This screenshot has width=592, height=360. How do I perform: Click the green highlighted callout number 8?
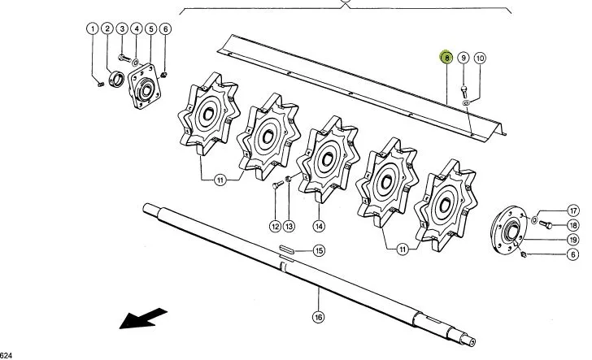(446, 58)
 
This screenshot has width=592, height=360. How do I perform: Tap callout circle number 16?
(318, 317)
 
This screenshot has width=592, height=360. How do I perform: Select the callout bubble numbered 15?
(319, 250)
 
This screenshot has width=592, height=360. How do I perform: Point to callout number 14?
(319, 226)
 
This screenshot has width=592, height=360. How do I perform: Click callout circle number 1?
(93, 28)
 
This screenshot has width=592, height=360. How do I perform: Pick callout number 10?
(480, 59)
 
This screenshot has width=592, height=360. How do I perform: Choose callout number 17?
(573, 210)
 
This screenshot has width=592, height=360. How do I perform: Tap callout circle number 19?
(573, 240)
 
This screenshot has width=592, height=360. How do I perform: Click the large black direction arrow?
(143, 318)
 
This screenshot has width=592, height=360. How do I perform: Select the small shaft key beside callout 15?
(287, 249)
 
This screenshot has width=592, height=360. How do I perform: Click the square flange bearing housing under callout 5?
(144, 86)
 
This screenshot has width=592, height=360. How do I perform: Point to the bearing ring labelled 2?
(116, 79)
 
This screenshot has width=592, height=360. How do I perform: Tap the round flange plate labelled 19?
(509, 230)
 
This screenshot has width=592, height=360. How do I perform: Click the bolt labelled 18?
(546, 224)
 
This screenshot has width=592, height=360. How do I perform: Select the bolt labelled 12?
(277, 184)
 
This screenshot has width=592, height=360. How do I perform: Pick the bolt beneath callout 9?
(464, 91)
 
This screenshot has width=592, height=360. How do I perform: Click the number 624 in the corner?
(6, 355)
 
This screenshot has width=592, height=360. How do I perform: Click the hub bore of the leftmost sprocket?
(208, 114)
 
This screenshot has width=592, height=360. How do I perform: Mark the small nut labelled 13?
(288, 179)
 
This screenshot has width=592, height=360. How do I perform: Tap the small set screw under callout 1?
(101, 85)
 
